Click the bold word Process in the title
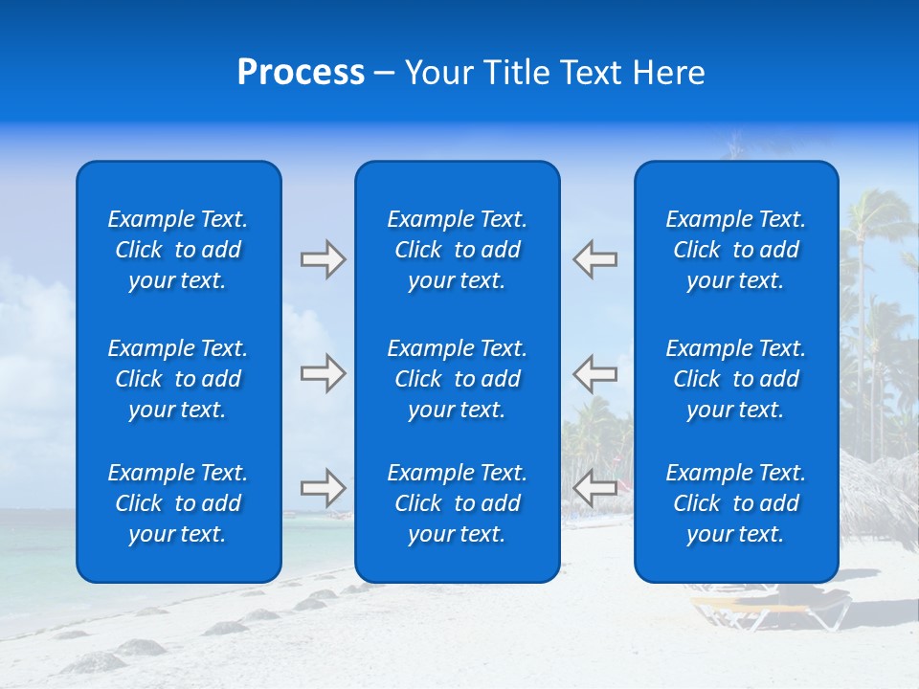pyautogui.click(x=301, y=73)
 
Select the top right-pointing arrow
pyautogui.click(x=324, y=259)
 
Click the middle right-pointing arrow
pyautogui.click(x=324, y=373)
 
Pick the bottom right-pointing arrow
pyautogui.click(x=324, y=488)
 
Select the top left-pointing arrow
pyautogui.click(x=594, y=259)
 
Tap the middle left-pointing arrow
pyautogui.click(x=594, y=373)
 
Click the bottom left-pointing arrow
pyautogui.click(x=594, y=488)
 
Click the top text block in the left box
pyautogui.click(x=178, y=250)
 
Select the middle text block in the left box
pyautogui.click(x=178, y=379)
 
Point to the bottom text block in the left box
pyautogui.click(x=178, y=503)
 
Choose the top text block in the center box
pyautogui.click(x=458, y=250)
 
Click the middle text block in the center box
pyautogui.click(x=458, y=379)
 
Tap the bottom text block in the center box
pyautogui.click(x=458, y=503)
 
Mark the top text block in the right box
pyautogui.click(x=736, y=250)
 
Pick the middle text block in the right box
pyautogui.click(x=736, y=379)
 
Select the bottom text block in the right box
pyautogui.click(x=736, y=503)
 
